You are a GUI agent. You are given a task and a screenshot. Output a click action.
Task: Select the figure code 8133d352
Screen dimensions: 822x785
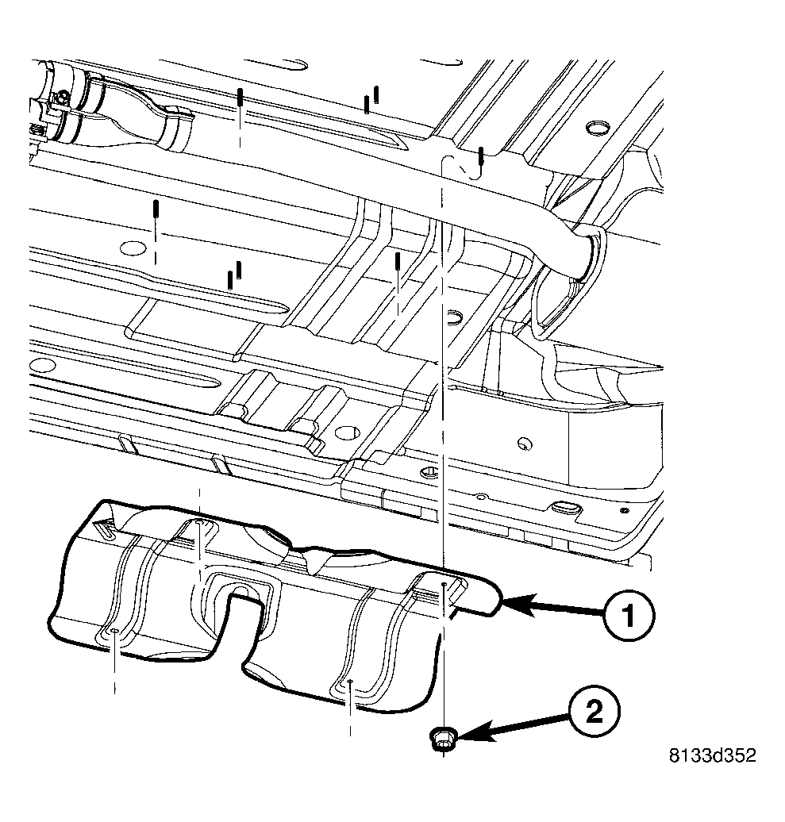[711, 754]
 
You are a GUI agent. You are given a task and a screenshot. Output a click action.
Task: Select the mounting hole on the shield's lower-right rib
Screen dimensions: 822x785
[350, 681]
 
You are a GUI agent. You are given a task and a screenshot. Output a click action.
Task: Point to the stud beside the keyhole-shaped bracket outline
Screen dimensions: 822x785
[481, 158]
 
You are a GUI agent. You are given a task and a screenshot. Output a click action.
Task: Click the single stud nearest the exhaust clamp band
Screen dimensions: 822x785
[239, 101]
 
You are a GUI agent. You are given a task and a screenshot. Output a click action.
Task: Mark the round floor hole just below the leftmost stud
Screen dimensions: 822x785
[127, 248]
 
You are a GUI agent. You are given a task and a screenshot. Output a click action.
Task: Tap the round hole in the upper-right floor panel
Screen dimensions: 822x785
[595, 128]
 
